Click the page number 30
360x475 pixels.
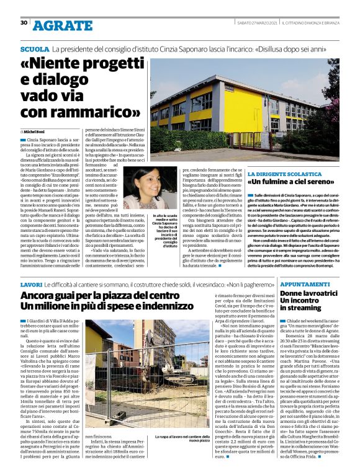24,23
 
